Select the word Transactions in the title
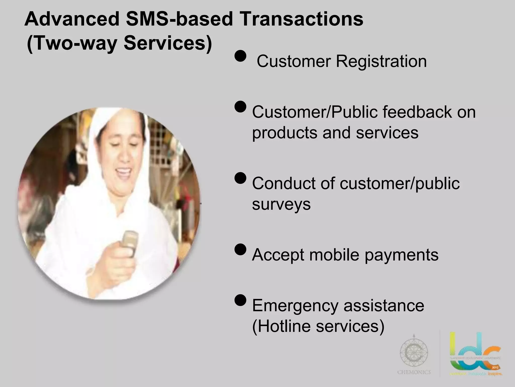point(302,19)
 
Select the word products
point(285,133)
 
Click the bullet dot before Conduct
point(240,178)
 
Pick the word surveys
point(281,204)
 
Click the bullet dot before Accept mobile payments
point(240,249)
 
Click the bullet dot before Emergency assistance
point(240,300)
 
